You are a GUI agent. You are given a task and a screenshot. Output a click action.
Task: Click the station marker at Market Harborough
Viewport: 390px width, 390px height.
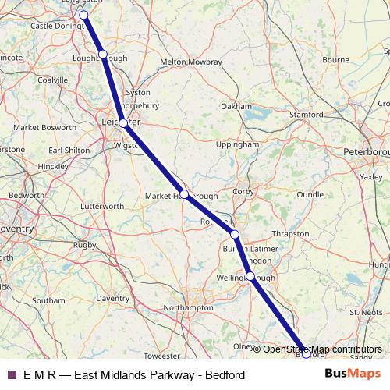pos(184,194)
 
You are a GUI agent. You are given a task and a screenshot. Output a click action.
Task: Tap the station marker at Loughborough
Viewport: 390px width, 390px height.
pos(103,54)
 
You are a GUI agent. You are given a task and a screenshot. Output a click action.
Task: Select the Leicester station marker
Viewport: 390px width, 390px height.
pos(123,122)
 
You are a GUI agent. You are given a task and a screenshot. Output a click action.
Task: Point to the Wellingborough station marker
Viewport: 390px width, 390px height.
pos(250,276)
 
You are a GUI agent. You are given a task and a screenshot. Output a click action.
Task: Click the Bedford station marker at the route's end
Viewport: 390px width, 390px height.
pos(306,353)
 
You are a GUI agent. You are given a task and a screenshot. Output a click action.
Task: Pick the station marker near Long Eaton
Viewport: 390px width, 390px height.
pos(83,15)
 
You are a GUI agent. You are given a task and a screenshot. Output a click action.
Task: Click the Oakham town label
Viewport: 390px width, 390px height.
pos(236,106)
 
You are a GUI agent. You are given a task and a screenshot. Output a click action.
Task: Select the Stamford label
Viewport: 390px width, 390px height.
pos(306,115)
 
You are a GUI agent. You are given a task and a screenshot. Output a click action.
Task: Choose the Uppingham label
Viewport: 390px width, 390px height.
pos(237,144)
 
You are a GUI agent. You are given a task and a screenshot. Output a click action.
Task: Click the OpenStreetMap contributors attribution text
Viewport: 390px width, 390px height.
pos(322,349)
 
